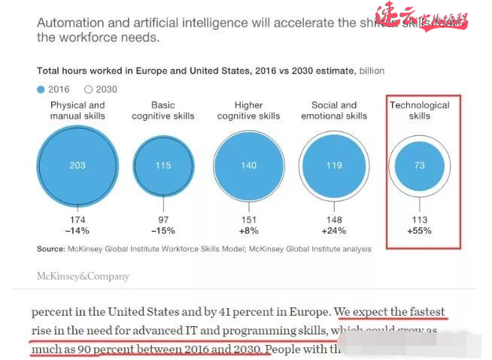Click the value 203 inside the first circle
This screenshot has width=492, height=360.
(77, 165)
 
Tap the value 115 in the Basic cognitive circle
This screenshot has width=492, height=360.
(163, 165)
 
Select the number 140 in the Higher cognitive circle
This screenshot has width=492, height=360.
(248, 165)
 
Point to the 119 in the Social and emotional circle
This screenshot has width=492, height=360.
(334, 165)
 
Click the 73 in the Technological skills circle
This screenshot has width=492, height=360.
(420, 165)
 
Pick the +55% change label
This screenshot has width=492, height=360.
(420, 231)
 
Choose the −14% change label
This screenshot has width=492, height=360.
(77, 231)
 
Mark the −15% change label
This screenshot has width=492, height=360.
(163, 231)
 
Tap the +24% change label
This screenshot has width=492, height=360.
(334, 231)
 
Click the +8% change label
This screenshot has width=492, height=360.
(248, 231)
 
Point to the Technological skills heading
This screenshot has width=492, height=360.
(420, 110)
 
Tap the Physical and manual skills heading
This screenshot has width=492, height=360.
(77, 110)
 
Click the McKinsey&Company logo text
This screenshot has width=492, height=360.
(83, 276)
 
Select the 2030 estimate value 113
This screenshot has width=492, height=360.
(420, 220)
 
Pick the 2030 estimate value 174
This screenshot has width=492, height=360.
(77, 220)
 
